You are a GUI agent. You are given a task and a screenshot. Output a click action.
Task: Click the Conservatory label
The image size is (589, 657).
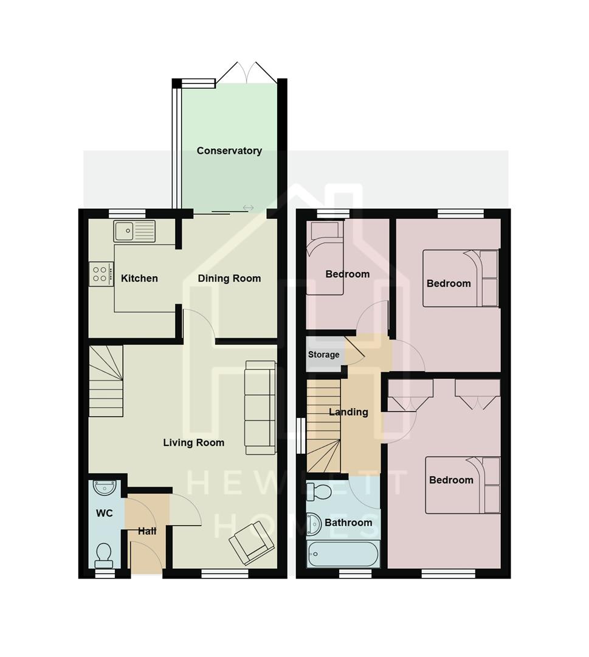tap(229, 151)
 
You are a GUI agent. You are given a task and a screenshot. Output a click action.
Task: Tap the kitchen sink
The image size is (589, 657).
tap(134, 231)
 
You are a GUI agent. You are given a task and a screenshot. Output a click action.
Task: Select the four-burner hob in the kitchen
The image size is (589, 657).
tap(101, 273)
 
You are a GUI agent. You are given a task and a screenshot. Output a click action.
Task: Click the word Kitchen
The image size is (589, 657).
tap(139, 279)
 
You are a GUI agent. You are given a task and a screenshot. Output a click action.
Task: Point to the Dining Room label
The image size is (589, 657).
tap(229, 279)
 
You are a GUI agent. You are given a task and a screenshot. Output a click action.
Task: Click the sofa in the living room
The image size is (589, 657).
tap(260, 406)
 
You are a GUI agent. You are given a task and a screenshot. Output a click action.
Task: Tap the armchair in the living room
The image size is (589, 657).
tap(251, 543)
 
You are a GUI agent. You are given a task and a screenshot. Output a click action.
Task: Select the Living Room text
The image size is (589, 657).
tap(193, 443)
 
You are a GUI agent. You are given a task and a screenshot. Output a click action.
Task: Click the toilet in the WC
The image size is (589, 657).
tap(104, 554)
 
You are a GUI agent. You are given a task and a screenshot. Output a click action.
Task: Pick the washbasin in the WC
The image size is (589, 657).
tap(105, 487)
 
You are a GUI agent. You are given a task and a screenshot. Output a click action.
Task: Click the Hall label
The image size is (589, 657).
tap(147, 531)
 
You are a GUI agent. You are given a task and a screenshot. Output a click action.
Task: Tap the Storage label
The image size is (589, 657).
tap(323, 355)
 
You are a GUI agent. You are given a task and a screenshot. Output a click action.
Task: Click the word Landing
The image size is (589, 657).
tap(348, 412)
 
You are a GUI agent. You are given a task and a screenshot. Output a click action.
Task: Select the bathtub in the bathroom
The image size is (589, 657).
tap(343, 554)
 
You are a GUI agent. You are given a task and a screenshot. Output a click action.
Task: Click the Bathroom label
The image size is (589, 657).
tap(348, 523)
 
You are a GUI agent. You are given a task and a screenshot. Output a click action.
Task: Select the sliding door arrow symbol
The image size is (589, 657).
tap(248, 208)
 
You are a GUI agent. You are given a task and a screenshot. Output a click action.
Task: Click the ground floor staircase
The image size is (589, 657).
tap(106, 381)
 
